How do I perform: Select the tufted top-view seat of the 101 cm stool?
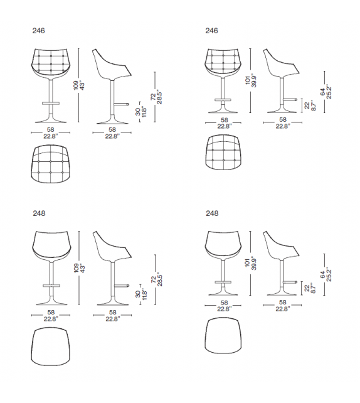click(224, 153)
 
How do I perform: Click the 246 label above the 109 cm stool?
click(39, 30)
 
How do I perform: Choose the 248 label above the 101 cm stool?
click(212, 213)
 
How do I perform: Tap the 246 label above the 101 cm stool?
click(212, 30)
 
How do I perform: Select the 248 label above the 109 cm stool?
click(39, 213)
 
